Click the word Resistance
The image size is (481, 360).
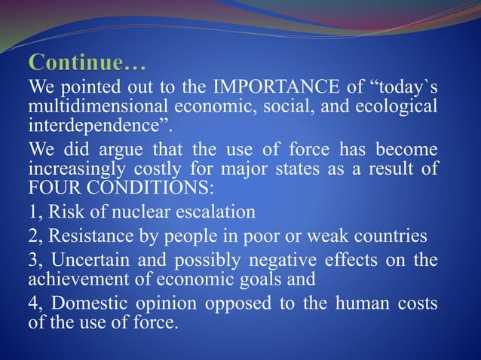84,237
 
